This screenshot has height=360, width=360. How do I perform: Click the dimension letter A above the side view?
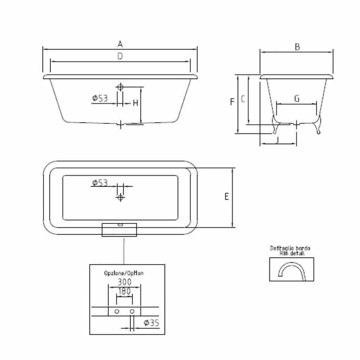[120, 44]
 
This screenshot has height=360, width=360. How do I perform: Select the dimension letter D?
[120, 56]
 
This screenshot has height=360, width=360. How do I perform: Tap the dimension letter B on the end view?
[297, 47]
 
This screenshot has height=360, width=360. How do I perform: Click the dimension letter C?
[243, 99]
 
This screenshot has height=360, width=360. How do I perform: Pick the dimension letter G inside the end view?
[297, 99]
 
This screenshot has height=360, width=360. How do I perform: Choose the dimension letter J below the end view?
[278, 141]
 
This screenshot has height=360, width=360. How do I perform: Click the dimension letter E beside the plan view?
[227, 197]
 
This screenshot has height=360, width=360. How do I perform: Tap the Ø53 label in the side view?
[100, 99]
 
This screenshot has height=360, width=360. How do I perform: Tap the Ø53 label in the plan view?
[100, 183]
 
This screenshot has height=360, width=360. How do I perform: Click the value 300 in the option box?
[124, 282]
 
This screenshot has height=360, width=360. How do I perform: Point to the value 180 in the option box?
[124, 291]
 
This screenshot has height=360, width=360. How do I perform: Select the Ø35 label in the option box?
[151, 323]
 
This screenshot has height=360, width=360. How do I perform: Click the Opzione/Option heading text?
[124, 273]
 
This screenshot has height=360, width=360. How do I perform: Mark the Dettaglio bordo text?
[290, 249]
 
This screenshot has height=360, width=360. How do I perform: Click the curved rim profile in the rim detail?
[291, 270]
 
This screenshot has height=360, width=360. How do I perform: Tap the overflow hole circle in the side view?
[120, 87]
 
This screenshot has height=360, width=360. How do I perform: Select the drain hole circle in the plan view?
[120, 197]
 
